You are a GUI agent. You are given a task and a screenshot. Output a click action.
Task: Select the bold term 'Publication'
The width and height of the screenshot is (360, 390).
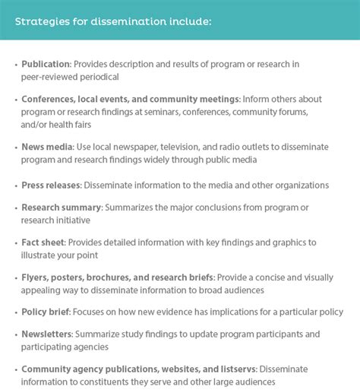pyautogui.click(x=46, y=65)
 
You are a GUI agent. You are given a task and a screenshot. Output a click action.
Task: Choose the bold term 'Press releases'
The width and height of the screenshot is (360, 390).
pyautogui.click(x=51, y=185)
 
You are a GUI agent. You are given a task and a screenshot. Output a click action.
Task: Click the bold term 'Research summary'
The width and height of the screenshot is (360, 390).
pyautogui.click(x=62, y=208)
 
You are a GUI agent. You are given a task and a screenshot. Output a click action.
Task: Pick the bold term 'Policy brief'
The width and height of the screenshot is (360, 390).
pyautogui.click(x=49, y=312)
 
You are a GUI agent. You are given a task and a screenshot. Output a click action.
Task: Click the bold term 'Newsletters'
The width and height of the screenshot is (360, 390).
pyautogui.click(x=47, y=334)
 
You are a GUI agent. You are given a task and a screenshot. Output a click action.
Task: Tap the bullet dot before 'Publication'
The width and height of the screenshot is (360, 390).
pyautogui.click(x=15, y=65)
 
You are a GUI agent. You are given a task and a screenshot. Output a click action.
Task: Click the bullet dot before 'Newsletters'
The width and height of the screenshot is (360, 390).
pyautogui.click(x=15, y=334)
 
